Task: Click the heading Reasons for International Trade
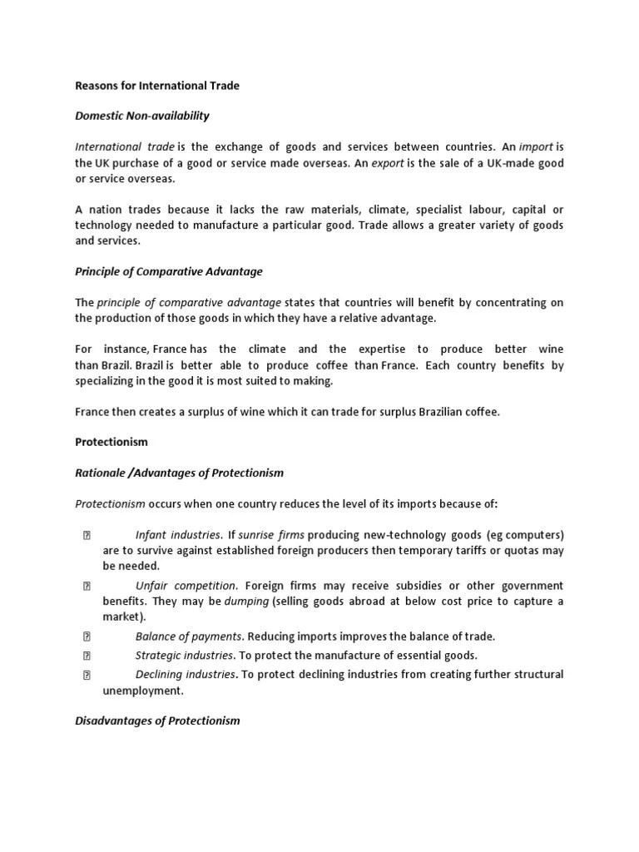click(157, 85)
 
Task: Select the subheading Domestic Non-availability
click(142, 116)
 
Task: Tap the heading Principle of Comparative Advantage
click(169, 271)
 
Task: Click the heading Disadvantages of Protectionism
click(157, 721)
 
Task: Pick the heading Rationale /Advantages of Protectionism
click(179, 473)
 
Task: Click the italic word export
click(387, 163)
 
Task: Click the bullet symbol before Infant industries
click(87, 534)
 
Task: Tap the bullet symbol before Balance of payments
click(87, 637)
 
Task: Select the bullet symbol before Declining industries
click(87, 674)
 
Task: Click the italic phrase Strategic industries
click(184, 656)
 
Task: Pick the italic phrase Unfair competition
click(186, 586)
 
